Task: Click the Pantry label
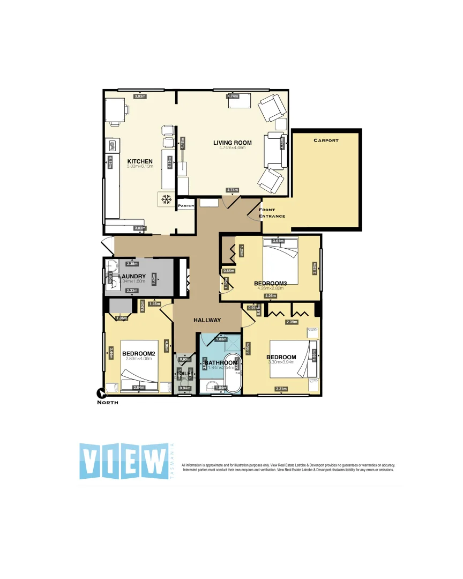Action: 185,205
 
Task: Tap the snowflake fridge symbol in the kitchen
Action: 166,199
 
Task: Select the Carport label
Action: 326,140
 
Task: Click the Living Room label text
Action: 232,143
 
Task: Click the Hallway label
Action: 207,320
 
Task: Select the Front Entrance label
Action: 272,213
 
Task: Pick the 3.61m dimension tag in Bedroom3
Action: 278,241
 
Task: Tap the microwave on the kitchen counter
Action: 113,146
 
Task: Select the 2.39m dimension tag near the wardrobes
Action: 292,322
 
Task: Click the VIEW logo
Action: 124,461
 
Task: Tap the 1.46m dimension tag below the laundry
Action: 154,304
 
